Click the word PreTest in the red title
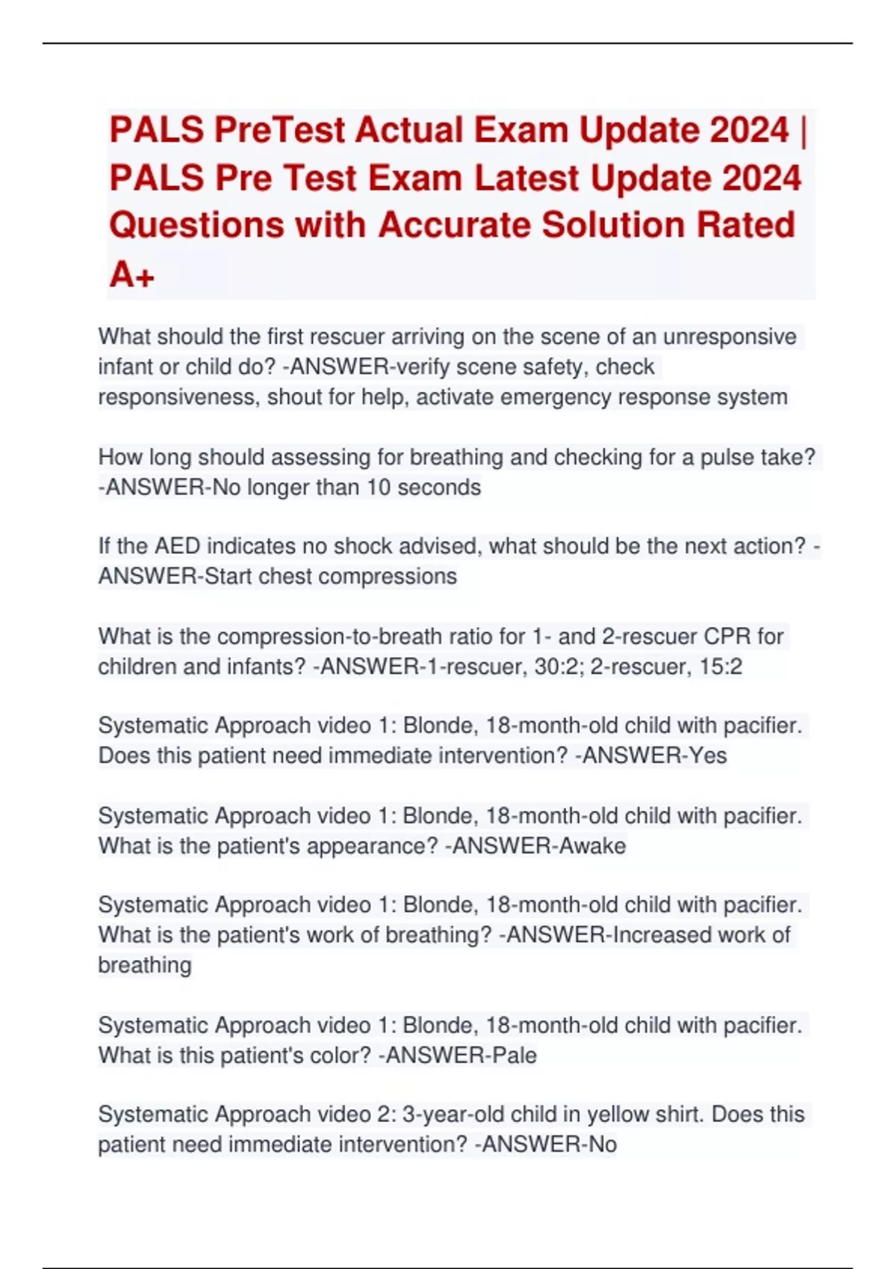[x=280, y=130]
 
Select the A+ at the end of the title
[x=131, y=275]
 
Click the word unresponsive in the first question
[x=729, y=337]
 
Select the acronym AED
[x=177, y=546]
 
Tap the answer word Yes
[x=707, y=755]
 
